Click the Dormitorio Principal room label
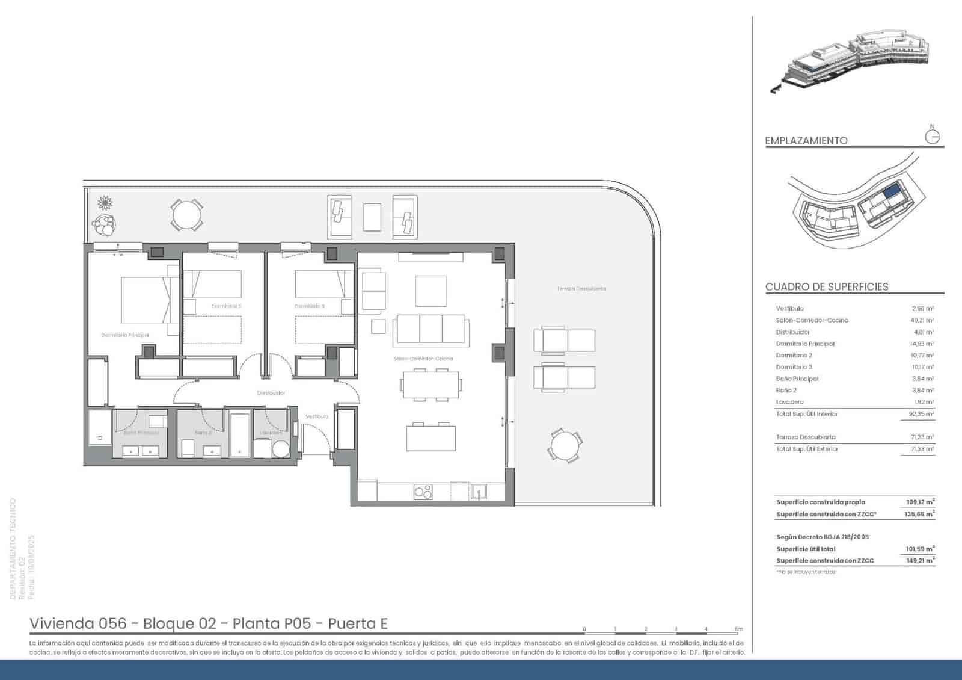click(x=125, y=335)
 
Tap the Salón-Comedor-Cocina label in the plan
click(x=423, y=359)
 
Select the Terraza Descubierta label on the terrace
click(x=581, y=289)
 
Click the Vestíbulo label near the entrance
click(x=317, y=416)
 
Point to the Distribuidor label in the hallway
click(x=271, y=393)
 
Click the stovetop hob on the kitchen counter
click(x=423, y=492)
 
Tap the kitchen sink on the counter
click(x=479, y=492)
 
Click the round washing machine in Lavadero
click(x=281, y=449)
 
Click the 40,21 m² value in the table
click(x=922, y=320)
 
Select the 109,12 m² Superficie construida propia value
click(x=920, y=502)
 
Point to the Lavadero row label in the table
click(x=789, y=402)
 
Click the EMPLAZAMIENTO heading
click(x=806, y=140)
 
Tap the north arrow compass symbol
click(x=932, y=137)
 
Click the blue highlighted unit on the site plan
click(x=892, y=191)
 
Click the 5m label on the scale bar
click(x=739, y=629)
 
